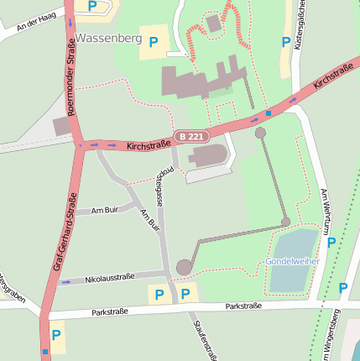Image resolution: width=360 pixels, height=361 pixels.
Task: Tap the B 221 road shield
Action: point(190,136)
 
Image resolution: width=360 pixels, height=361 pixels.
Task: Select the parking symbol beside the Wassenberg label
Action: point(153,41)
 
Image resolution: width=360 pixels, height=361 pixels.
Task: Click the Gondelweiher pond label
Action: point(293,262)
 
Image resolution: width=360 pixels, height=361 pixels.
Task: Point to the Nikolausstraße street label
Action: point(109,279)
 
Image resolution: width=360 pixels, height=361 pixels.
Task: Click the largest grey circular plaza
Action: point(184,267)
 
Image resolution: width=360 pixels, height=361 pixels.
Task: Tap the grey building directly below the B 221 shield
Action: point(208,155)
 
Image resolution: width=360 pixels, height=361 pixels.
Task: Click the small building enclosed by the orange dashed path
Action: point(214,24)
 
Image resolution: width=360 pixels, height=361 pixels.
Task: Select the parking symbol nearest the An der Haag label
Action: point(92,6)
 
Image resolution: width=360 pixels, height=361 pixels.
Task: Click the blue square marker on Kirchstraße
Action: point(268,112)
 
